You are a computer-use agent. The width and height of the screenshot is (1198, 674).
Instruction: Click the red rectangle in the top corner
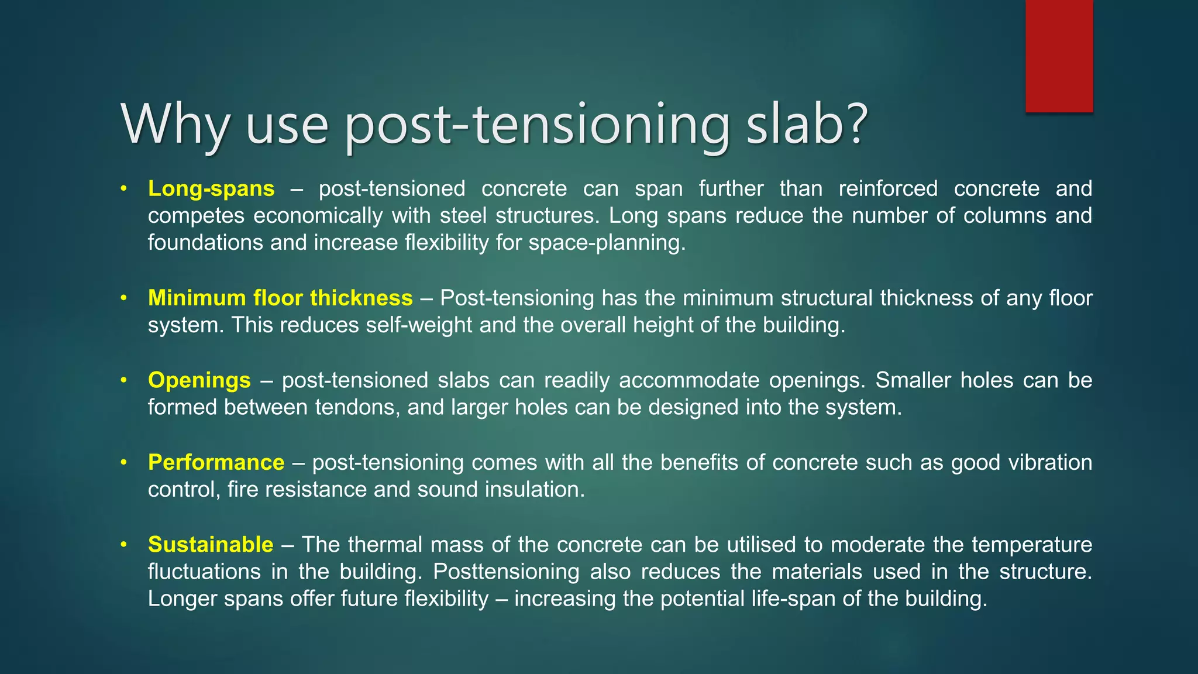(x=1059, y=56)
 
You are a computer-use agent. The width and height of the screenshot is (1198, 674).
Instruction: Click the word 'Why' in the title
(x=175, y=124)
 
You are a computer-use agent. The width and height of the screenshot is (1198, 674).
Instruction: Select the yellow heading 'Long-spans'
(x=211, y=189)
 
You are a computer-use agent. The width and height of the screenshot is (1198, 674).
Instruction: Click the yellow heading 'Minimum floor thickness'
(x=280, y=298)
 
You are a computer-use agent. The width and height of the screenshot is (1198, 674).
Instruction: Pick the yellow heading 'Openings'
(x=199, y=380)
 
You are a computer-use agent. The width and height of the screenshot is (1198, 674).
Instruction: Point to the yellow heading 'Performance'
(x=216, y=463)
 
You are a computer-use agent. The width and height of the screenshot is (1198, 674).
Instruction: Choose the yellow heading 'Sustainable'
(x=211, y=545)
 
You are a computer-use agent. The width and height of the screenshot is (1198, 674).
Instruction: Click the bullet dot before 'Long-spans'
(x=123, y=189)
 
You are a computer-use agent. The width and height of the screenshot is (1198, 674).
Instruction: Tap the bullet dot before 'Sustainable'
(x=123, y=545)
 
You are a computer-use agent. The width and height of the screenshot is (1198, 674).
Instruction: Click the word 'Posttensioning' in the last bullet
(x=507, y=572)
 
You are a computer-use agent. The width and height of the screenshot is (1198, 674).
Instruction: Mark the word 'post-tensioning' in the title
(x=537, y=124)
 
